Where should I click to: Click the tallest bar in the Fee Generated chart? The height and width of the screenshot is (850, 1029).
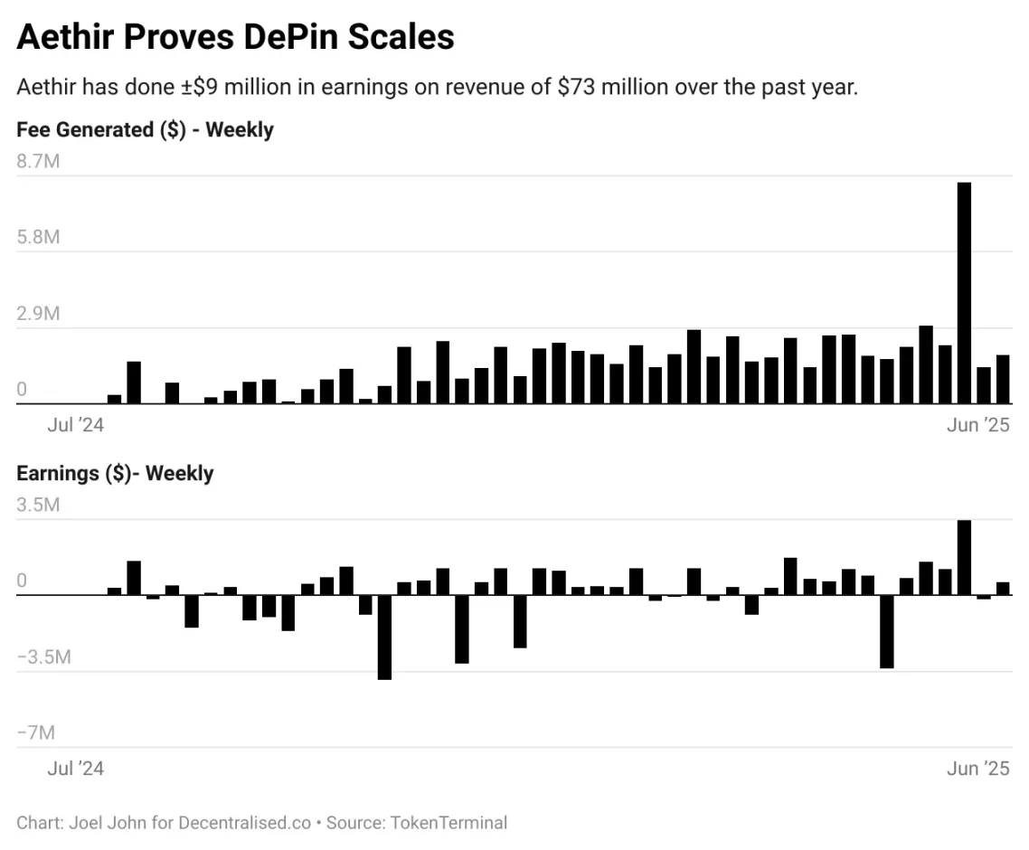(964, 293)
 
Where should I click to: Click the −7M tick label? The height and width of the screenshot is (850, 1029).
(36, 732)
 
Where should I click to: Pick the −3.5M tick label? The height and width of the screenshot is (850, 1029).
(43, 656)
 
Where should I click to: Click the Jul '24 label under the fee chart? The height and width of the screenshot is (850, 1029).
(75, 425)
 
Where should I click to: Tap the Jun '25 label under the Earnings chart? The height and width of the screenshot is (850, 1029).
(977, 769)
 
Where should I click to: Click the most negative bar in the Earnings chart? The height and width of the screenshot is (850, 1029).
(384, 637)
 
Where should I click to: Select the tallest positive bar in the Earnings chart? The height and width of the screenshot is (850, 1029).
(964, 557)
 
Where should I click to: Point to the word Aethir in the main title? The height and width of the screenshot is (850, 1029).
(66, 37)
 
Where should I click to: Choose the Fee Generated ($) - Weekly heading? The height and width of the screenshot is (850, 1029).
(145, 129)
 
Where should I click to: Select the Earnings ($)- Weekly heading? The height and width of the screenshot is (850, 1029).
(115, 473)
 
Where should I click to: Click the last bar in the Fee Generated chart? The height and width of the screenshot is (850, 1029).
(1003, 379)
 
